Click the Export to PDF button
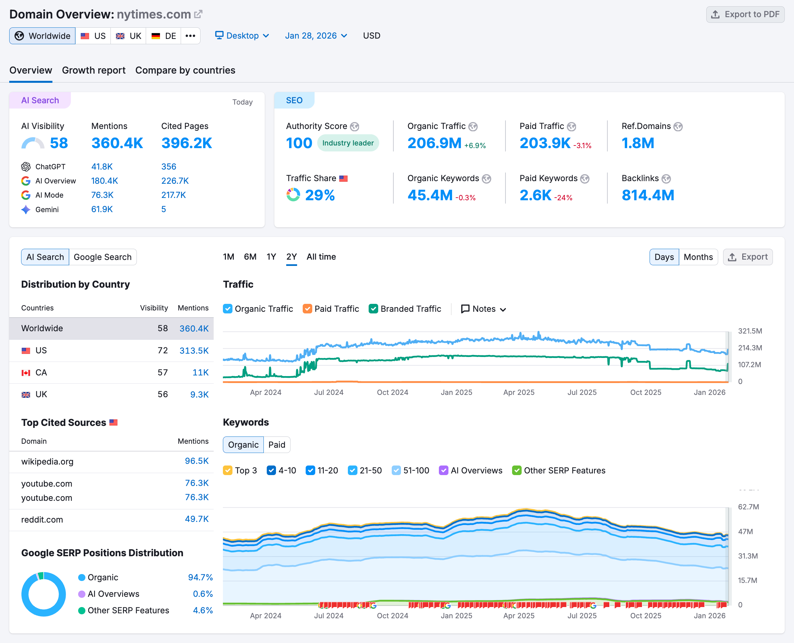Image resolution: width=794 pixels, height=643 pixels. pyautogui.click(x=745, y=15)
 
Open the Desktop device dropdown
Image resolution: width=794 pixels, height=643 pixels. pyautogui.click(x=242, y=36)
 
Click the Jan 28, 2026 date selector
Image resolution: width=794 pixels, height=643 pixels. pyautogui.click(x=316, y=36)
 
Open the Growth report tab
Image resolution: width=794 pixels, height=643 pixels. pyautogui.click(x=94, y=70)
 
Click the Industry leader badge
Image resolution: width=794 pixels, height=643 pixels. pyautogui.click(x=348, y=143)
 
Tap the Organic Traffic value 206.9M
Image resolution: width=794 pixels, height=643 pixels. pyautogui.click(x=434, y=143)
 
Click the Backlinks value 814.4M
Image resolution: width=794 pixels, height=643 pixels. pyautogui.click(x=648, y=196)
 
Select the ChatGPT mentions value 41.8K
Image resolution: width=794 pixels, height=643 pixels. pyautogui.click(x=102, y=167)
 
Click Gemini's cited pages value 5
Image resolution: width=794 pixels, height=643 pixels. pyautogui.click(x=164, y=209)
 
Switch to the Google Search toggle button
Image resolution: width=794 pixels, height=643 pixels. pyautogui.click(x=103, y=257)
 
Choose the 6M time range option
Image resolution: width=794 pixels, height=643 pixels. pyautogui.click(x=250, y=257)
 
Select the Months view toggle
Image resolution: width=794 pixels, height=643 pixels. pyautogui.click(x=698, y=257)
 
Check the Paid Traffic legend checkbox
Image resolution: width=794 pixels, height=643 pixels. pyautogui.click(x=307, y=309)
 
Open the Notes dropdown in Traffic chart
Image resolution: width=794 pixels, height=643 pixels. pyautogui.click(x=483, y=309)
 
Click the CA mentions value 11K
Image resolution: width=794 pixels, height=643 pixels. pyautogui.click(x=200, y=372)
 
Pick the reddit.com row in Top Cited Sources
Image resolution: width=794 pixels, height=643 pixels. pyautogui.click(x=111, y=520)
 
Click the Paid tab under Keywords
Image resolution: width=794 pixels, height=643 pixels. pyautogui.click(x=277, y=445)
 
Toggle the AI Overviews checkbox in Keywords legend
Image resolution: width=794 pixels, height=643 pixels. pyautogui.click(x=443, y=470)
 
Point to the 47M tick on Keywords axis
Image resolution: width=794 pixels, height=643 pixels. pyautogui.click(x=745, y=531)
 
